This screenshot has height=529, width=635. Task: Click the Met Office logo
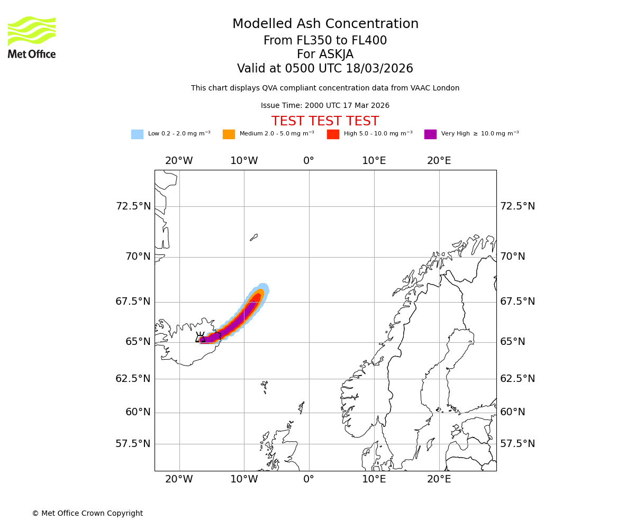32,37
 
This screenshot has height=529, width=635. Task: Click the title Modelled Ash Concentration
325,24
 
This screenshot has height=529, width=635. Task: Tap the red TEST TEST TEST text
325,122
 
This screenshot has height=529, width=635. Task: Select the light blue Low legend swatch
137,134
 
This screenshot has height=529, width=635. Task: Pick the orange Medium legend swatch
229,134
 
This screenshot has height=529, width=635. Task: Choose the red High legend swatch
333,134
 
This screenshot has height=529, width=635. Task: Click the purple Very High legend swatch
430,134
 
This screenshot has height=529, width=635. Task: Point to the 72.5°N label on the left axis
133,206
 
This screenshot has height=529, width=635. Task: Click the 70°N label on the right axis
513,257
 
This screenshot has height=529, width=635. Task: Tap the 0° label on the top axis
309,161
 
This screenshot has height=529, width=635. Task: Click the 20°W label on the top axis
179,161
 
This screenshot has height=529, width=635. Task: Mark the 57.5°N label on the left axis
133,444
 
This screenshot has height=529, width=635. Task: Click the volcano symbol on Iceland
200,338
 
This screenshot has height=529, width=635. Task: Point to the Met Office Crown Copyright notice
87,514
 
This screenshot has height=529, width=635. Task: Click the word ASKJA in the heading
339,54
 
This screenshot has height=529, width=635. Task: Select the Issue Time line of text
325,106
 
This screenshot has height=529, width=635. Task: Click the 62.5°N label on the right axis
518,379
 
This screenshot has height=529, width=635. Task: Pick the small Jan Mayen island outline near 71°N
254,238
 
